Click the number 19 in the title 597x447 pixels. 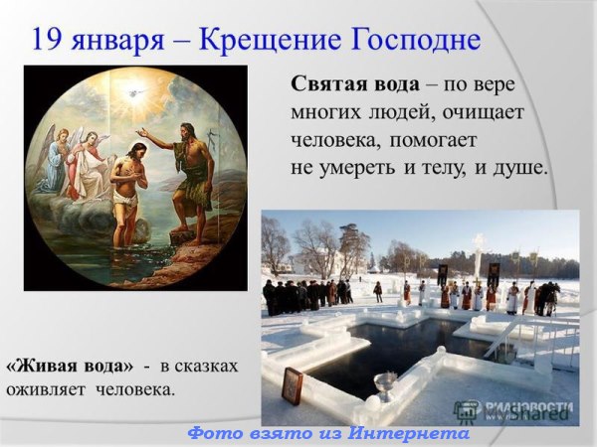tap(46, 40)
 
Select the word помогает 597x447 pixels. tap(433, 141)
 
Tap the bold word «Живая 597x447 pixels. tap(39, 366)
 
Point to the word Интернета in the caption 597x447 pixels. tap(408, 433)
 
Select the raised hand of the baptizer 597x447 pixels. tap(143, 133)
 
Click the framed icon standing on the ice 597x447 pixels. tap(293, 383)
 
